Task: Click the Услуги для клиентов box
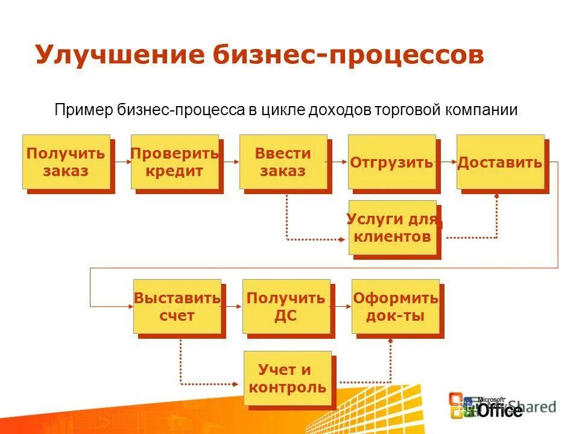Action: tap(393, 227)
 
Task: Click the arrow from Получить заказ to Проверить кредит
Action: tap(121, 162)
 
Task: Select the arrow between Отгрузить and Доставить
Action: tap(447, 162)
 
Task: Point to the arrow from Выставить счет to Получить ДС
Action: tap(233, 306)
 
